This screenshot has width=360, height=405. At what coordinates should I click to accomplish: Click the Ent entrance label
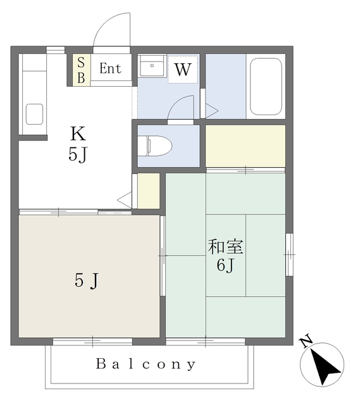[x=110, y=68]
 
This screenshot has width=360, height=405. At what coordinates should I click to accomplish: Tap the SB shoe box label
[x=81, y=70]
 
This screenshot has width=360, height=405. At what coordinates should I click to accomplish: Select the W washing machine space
[x=183, y=69]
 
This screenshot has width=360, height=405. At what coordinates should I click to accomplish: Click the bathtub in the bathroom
[x=266, y=87]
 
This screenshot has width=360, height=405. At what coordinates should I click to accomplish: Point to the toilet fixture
[x=154, y=146]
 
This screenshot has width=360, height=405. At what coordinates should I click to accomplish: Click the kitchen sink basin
[x=34, y=114]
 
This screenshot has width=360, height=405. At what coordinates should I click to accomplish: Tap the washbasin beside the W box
[x=152, y=66]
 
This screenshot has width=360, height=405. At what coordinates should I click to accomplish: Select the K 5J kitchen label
[x=78, y=144]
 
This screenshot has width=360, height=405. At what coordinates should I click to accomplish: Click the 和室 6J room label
[x=225, y=256]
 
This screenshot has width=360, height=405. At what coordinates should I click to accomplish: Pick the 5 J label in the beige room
[x=87, y=280]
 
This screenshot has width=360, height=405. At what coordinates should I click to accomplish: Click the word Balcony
[x=146, y=364]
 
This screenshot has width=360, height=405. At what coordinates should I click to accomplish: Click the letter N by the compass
[x=306, y=341]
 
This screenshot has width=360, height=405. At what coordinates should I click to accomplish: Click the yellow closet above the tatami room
[x=245, y=146]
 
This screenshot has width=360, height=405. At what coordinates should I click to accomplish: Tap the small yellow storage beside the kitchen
[x=149, y=190]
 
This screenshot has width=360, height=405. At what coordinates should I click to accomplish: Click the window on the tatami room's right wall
[x=289, y=254]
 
